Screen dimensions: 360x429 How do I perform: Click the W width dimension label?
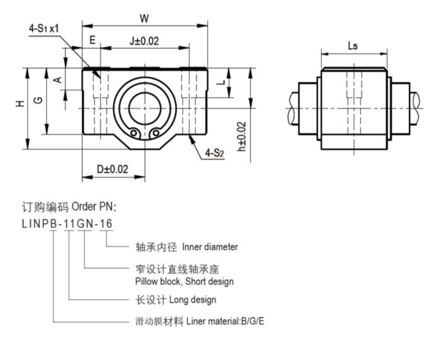click(144, 18)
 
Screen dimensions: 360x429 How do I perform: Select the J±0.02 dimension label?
click(144, 41)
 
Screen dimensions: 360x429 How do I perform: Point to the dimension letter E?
click(92, 41)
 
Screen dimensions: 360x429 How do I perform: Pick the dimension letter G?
click(38, 100)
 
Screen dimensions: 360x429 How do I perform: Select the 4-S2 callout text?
click(215, 152)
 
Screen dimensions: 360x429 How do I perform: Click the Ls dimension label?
click(353, 45)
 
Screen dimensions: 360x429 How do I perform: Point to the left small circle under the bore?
click(134, 132)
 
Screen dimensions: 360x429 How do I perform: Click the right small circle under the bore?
click(155, 132)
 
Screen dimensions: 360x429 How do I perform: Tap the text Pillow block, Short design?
click(184, 281)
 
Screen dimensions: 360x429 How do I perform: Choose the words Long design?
click(193, 299)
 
